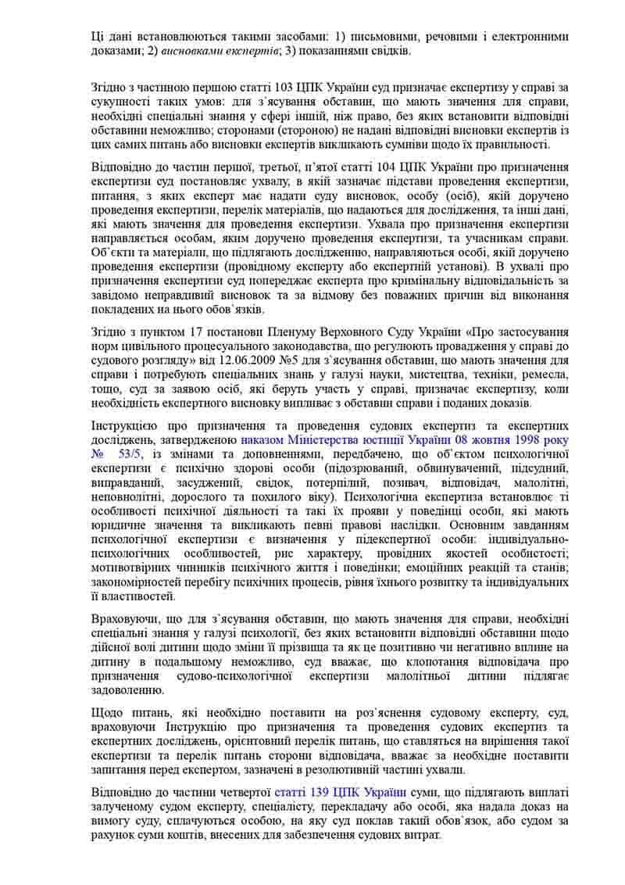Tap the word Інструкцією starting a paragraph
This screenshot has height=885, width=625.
[x=124, y=425]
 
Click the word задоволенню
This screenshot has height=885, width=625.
[x=127, y=690]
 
